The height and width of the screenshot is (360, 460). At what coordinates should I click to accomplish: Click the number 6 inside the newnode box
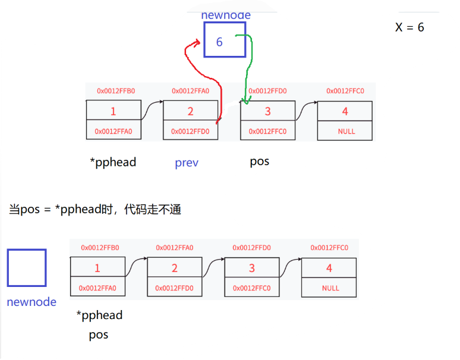[x=219, y=42]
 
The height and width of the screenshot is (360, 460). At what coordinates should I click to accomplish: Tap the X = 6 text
[x=410, y=27]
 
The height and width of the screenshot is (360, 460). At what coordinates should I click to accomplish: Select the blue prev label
[x=187, y=162]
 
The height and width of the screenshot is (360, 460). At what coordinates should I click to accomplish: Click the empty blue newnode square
[x=27, y=268]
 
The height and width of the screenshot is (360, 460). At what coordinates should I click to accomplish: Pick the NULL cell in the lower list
[x=330, y=288]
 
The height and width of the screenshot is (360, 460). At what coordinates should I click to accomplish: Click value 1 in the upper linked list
[x=114, y=111]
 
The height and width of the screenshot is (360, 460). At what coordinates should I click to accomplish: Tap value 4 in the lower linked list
[x=329, y=268]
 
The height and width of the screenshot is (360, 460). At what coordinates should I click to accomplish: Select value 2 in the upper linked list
[x=190, y=111]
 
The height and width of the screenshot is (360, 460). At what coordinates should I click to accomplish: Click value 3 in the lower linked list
[x=251, y=268]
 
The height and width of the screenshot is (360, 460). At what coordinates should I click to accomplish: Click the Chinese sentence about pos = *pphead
[x=95, y=209]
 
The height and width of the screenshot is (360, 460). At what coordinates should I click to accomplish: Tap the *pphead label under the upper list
[x=113, y=162]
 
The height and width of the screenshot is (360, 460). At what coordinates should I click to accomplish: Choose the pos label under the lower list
[x=99, y=334]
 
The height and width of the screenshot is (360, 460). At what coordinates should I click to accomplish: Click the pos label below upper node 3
[x=260, y=161]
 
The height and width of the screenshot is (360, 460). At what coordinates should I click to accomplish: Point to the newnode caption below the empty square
[x=31, y=302]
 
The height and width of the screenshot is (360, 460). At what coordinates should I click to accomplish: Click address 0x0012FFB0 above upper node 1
[x=116, y=91]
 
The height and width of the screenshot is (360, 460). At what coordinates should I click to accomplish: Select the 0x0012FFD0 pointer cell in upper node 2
[x=190, y=131]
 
